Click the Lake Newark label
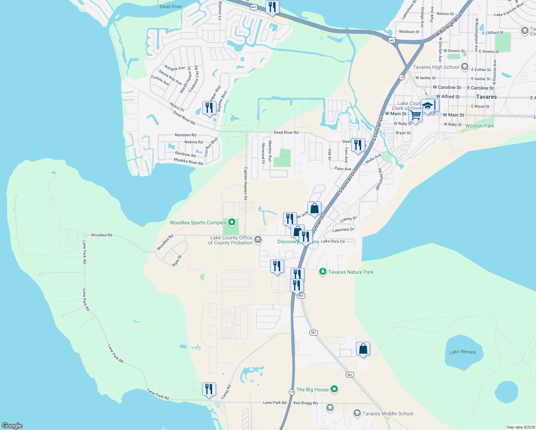pos(463,352)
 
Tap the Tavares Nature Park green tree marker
pos(323,272)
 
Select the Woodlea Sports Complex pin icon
pos(232,223)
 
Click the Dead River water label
pos(171,6)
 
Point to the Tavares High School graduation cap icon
pos(465,67)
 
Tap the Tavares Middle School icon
pos(357,414)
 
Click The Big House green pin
pos(334,389)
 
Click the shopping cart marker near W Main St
pos(415,116)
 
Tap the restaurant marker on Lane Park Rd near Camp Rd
pos(209,389)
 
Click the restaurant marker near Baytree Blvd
pos(209,107)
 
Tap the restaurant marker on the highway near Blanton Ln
pos(272,7)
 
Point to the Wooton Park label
pos(479,126)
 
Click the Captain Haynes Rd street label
pos(245,183)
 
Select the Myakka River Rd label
pos(188,161)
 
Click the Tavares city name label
pos(486,97)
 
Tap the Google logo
pos(12,425)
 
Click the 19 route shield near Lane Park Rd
pos(292,392)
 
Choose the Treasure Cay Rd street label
pos(193,79)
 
